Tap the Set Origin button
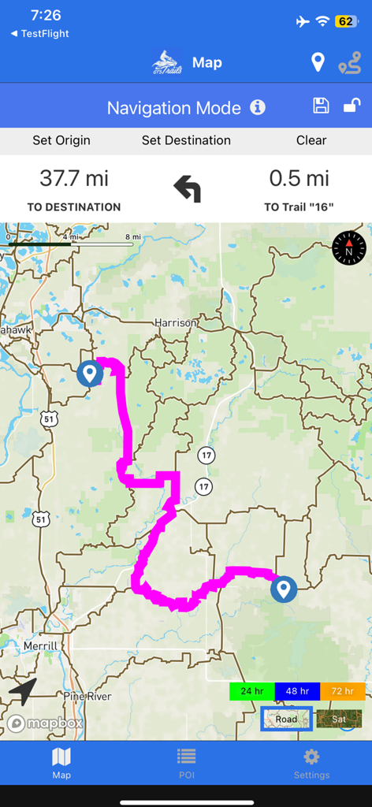tap(61, 140)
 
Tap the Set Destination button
tap(186, 140)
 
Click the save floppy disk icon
tap(321, 106)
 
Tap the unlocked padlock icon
tap(352, 106)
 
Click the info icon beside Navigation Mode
tap(258, 107)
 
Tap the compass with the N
tap(349, 248)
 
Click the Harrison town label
tap(175, 323)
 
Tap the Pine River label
tap(87, 697)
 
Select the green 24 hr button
tap(251, 691)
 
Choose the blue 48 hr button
tap(297, 691)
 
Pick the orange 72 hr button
tap(343, 691)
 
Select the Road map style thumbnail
tap(287, 719)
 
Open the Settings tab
tap(311, 763)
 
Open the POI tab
tap(186, 763)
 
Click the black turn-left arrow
tap(187, 189)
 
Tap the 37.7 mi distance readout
tap(74, 179)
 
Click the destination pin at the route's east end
tap(284, 589)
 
